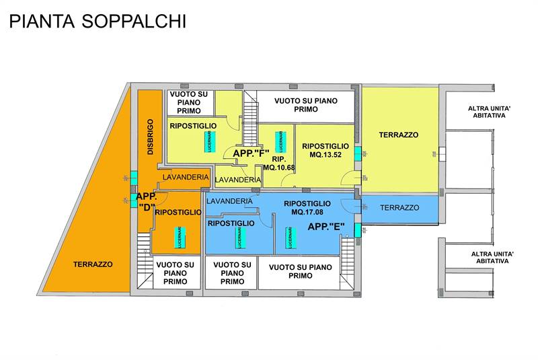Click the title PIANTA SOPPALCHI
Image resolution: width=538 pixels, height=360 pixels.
(x=98, y=21)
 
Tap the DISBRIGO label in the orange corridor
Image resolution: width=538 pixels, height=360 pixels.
(x=151, y=138)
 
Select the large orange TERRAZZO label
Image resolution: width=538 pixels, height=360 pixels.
(x=93, y=264)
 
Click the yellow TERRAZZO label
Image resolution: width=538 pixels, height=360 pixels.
(x=398, y=135)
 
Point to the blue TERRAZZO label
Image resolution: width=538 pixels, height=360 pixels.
(x=399, y=208)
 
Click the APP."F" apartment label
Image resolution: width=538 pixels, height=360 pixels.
(x=251, y=153)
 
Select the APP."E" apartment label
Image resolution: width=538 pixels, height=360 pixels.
(x=326, y=227)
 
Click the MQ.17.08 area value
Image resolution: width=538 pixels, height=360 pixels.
(x=307, y=213)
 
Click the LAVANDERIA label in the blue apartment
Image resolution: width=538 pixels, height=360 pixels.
(x=230, y=201)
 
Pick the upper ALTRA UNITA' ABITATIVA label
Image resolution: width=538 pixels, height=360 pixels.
(x=487, y=112)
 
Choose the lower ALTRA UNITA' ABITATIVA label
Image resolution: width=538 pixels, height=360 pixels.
(x=492, y=258)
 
